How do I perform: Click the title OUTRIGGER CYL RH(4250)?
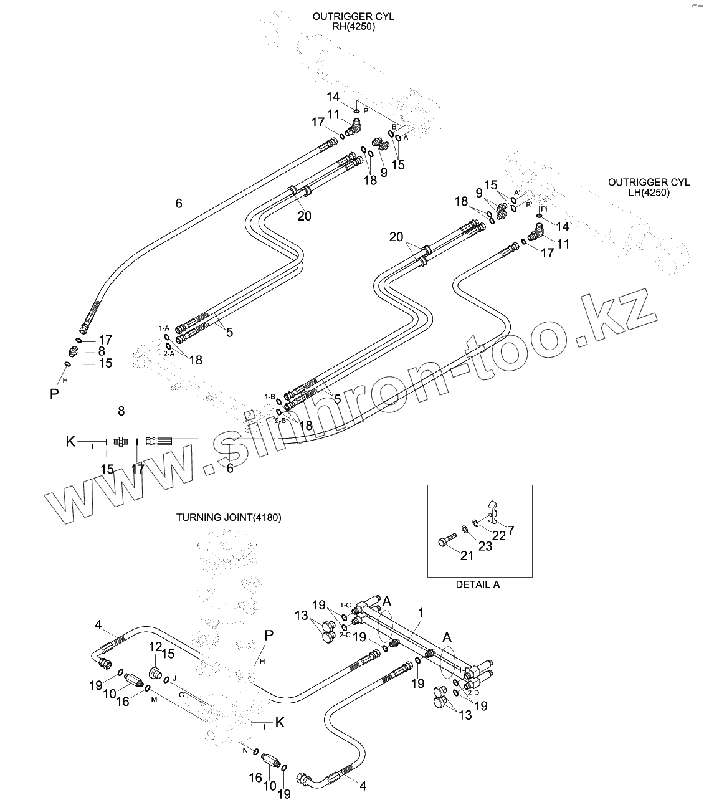point(353,22)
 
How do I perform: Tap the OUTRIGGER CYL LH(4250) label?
point(649,188)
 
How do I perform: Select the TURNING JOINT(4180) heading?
point(229,517)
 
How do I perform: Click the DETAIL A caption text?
point(478,584)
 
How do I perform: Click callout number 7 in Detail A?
point(510,530)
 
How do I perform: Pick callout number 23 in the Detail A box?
point(485,546)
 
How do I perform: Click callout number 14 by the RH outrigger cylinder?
point(333,97)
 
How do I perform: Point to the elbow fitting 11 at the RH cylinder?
point(353,129)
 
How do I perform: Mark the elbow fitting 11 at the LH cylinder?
point(534,235)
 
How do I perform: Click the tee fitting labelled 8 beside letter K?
point(121,441)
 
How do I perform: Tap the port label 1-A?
point(164,328)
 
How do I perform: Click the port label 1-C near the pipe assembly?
point(345,605)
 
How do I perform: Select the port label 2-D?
point(473,692)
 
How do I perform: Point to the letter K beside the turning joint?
point(280,722)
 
